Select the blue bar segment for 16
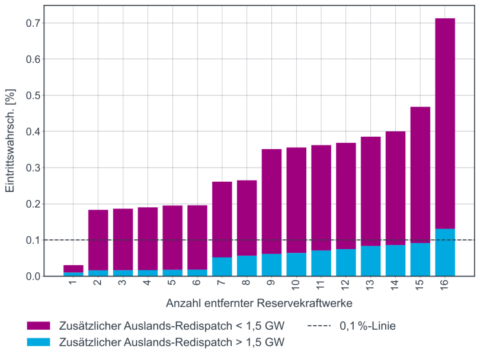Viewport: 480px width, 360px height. [444, 252]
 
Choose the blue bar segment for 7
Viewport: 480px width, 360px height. [222, 266]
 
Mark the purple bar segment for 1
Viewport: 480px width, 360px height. [73, 268]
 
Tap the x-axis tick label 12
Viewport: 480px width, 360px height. [345, 285]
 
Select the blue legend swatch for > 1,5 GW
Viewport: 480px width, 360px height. [39, 342]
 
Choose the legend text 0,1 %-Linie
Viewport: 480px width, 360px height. [367, 326]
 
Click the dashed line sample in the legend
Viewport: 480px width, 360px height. [319, 326]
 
